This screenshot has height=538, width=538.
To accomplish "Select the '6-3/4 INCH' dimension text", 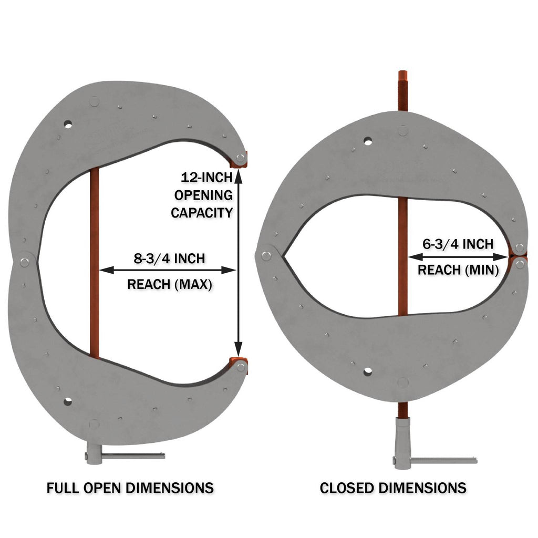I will tap(458, 244).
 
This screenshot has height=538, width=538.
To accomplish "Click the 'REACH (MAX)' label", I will tap(169, 284).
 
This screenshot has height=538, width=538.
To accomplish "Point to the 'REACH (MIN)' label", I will tap(458, 270).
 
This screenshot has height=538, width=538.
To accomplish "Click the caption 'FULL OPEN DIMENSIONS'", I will tap(130, 488).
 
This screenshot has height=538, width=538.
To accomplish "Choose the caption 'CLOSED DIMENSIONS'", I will tap(393, 488).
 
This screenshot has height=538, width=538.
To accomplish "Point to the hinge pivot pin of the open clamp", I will tap(25, 261).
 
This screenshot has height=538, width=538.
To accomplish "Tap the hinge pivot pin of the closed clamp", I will tap(266, 256).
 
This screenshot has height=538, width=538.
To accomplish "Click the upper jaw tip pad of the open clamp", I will tap(241, 158).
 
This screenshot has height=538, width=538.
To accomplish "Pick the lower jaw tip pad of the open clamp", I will tap(241, 365).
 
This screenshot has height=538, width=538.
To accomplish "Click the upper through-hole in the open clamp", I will tap(67, 125).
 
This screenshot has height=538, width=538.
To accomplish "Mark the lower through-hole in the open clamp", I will tap(67, 402).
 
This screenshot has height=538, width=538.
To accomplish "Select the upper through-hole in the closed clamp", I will tap(367, 141).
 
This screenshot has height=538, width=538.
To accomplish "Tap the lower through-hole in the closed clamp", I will tap(367, 371).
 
